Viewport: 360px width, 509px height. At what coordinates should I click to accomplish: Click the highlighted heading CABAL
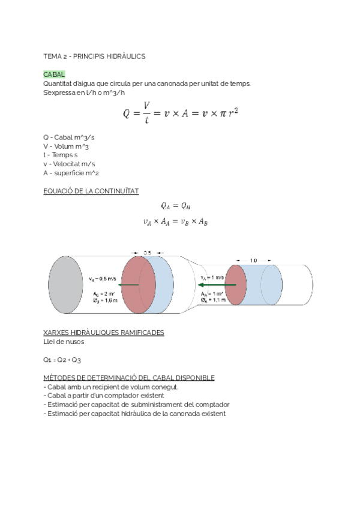click(x=54, y=74)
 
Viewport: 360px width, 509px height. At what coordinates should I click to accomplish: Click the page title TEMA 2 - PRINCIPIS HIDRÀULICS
click(x=95, y=56)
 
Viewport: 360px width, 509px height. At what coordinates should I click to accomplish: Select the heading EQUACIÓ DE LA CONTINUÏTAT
click(x=91, y=191)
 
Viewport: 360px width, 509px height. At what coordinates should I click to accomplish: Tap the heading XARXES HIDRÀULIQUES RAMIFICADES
click(x=104, y=332)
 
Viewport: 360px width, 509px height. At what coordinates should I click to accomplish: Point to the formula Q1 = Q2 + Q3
click(x=62, y=360)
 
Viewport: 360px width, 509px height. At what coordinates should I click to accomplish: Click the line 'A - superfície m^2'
click(x=71, y=173)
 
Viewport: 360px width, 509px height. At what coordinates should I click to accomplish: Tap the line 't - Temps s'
click(x=61, y=155)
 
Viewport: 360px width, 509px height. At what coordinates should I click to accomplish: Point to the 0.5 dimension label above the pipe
click(x=147, y=253)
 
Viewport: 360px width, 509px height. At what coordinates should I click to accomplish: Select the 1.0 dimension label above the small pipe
click(x=253, y=261)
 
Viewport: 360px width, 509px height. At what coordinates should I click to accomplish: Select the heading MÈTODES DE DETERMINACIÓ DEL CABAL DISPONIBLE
click(x=129, y=378)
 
